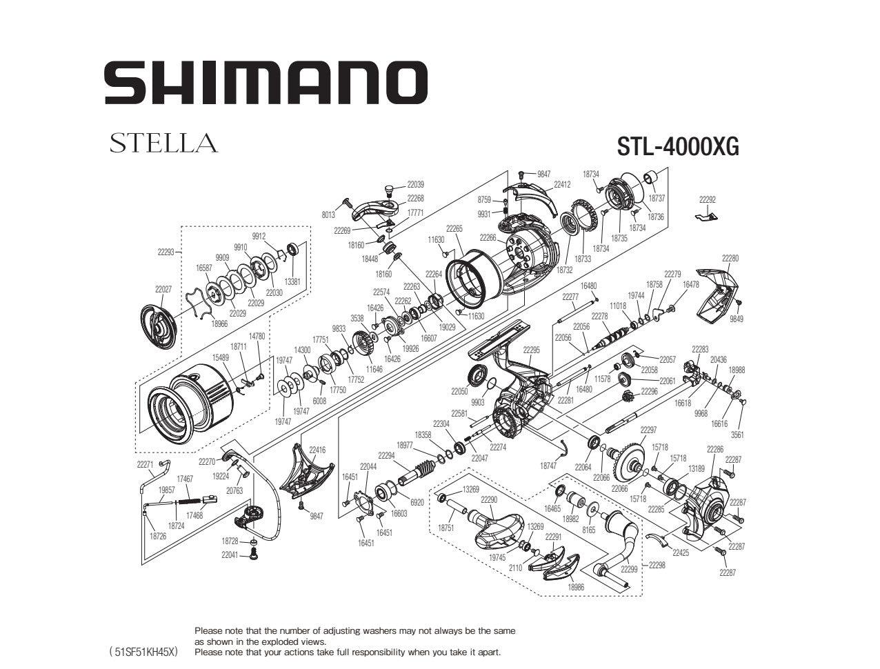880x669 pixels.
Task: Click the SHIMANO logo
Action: tap(266, 83)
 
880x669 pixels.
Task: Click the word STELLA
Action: tap(163, 143)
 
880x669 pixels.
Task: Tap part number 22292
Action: tap(707, 200)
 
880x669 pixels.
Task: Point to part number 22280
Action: tap(730, 258)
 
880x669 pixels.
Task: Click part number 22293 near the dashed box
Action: tap(166, 252)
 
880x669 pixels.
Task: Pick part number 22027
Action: tap(163, 290)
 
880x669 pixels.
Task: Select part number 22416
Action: tap(317, 450)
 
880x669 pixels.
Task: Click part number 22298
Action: tap(657, 565)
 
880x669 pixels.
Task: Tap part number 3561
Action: tap(737, 435)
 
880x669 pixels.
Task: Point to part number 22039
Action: tap(415, 185)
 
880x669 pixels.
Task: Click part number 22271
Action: tap(145, 465)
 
